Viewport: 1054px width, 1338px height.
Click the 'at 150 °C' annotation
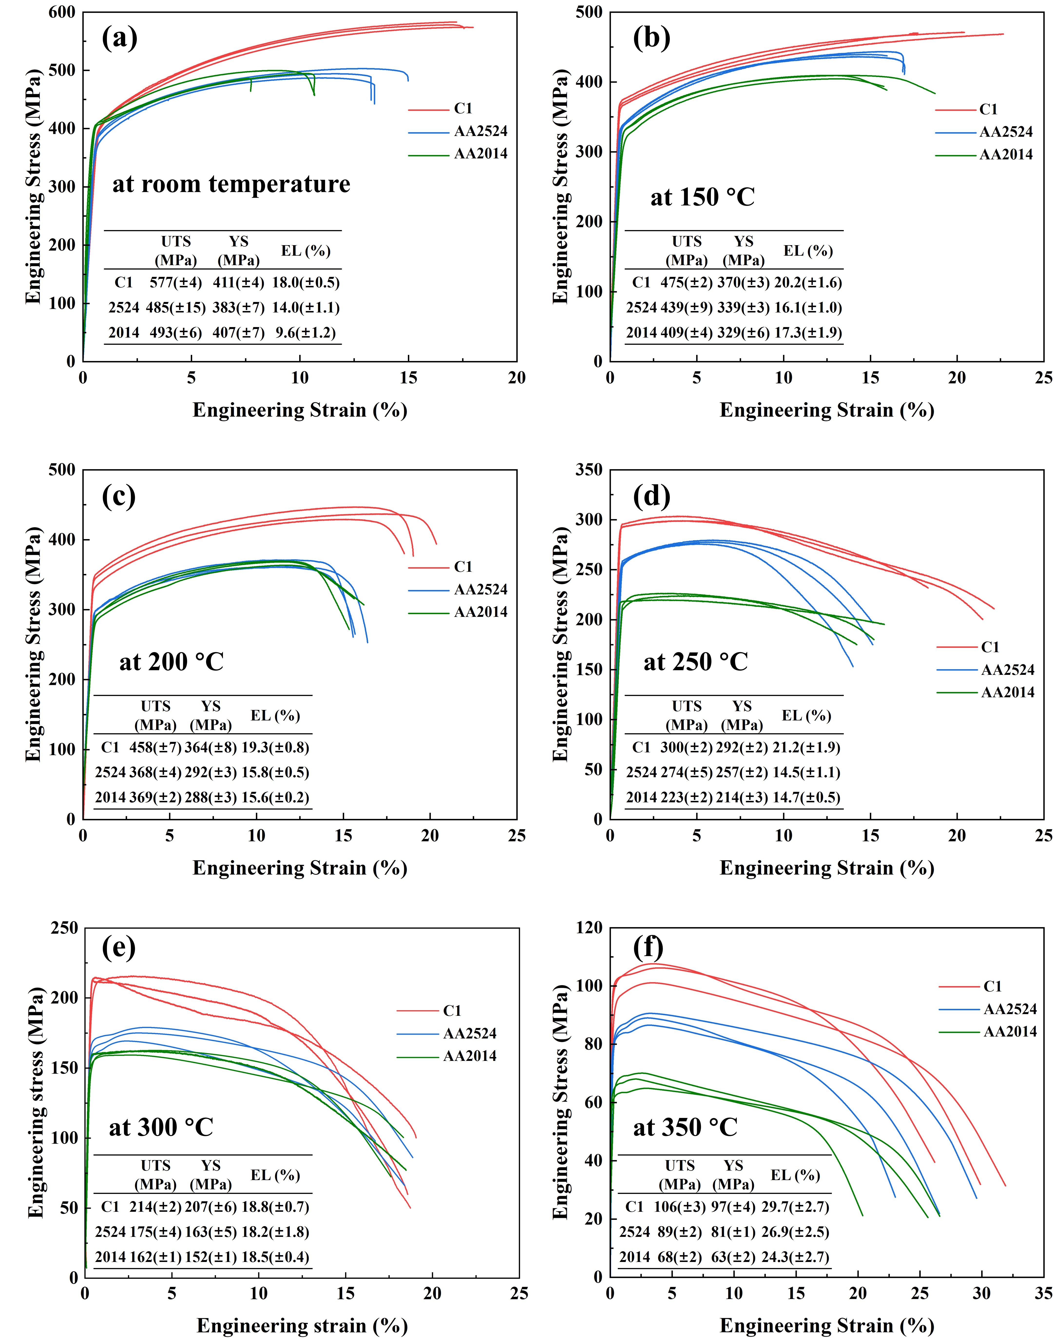702,197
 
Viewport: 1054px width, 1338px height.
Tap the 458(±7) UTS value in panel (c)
155,747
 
